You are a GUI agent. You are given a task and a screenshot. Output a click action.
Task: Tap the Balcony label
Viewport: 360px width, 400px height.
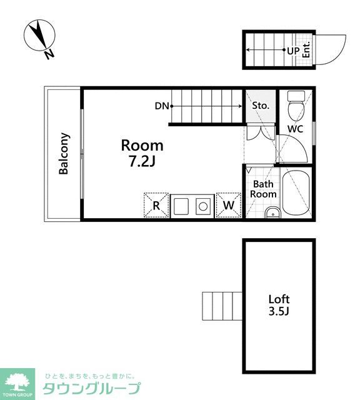point(64,154)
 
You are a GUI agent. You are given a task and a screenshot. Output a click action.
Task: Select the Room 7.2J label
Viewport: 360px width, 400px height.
point(142,153)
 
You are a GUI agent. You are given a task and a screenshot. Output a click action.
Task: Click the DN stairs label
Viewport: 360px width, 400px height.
point(162,106)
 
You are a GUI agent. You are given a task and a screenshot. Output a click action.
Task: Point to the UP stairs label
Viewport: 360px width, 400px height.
point(293,51)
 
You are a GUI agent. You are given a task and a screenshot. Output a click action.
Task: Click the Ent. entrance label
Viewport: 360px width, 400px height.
point(306,49)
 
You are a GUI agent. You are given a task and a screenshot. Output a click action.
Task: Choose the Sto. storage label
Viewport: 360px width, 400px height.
point(261,106)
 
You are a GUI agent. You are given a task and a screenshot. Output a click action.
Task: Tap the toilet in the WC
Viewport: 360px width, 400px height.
point(296,106)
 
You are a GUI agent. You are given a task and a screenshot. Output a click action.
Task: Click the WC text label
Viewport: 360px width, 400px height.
point(296,129)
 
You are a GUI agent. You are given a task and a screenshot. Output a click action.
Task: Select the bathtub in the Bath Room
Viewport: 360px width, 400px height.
point(296,193)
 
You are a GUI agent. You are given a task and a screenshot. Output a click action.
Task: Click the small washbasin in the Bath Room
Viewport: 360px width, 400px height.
point(272,212)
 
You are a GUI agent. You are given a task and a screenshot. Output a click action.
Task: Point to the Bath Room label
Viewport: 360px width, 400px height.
point(263,189)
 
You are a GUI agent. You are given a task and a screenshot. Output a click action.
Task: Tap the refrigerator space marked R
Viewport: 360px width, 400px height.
point(156,205)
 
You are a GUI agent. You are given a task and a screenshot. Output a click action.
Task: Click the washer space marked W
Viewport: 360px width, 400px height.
point(229,205)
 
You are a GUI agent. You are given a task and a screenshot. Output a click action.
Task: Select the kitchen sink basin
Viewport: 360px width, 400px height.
point(181,206)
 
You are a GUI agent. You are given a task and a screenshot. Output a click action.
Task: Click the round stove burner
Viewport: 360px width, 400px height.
point(203,206)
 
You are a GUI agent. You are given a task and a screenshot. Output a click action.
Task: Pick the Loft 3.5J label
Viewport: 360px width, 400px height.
point(279,305)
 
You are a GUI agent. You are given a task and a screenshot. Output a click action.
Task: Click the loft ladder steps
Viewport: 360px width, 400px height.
point(222,306)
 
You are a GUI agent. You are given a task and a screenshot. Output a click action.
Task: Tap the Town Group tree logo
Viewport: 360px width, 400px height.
point(17,382)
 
